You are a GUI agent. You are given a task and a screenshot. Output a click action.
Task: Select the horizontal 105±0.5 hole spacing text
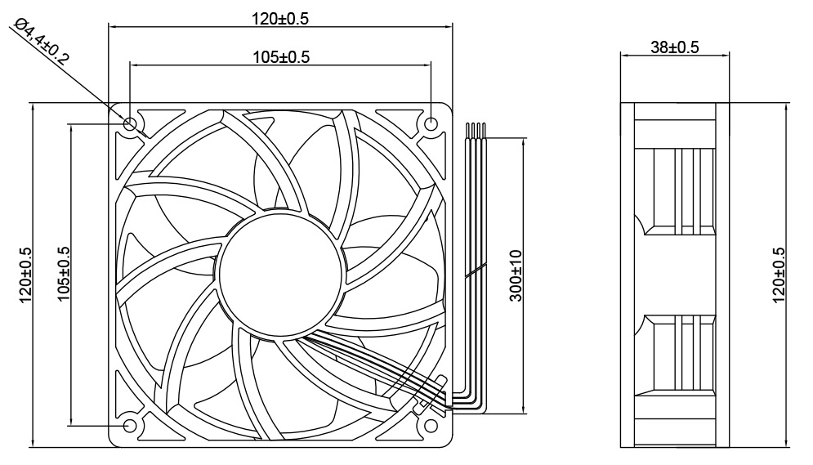280,56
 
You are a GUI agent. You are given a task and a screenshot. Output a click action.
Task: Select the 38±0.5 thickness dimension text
674,47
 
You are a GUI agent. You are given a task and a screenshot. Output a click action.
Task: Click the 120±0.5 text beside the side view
778,275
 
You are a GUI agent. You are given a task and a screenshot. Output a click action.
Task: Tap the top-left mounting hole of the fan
131,123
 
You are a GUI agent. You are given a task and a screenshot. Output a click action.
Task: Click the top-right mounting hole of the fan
431,123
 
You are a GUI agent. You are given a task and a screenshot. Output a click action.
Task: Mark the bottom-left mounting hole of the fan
130,426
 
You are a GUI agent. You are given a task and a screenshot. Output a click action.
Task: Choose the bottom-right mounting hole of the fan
431,426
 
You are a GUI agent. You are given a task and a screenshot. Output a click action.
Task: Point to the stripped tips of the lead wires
477,128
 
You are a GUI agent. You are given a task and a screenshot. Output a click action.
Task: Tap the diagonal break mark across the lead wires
476,272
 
